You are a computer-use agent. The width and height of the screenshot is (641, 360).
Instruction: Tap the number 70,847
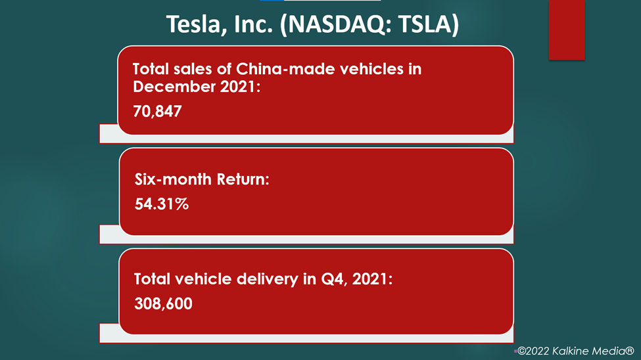coord(157,112)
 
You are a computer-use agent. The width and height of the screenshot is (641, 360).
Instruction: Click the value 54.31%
coord(162,204)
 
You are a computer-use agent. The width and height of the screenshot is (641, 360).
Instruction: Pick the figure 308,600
coord(163,304)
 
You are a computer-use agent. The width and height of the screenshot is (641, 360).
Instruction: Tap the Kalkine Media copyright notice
coord(576,351)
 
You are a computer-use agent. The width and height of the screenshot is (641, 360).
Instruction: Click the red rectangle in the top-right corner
coord(567,30)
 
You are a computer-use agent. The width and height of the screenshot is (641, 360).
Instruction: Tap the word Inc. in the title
coord(254,24)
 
